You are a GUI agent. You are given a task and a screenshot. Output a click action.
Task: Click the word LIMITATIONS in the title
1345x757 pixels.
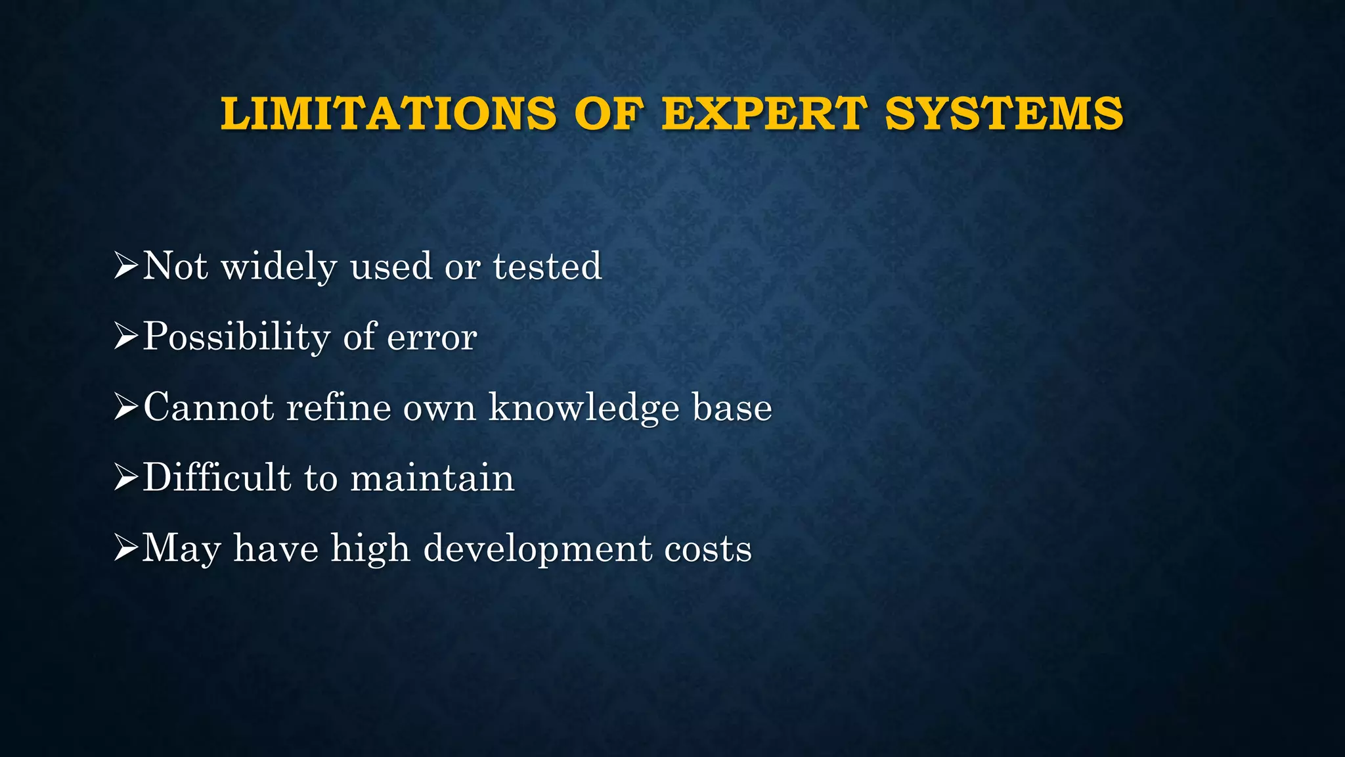388,114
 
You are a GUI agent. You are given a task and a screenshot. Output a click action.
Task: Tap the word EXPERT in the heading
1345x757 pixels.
764,114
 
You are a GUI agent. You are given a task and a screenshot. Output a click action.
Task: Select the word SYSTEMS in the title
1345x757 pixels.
1004,114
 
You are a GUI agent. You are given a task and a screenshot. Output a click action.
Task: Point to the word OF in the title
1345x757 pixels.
608,114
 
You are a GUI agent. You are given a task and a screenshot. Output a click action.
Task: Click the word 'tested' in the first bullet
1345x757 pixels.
547,266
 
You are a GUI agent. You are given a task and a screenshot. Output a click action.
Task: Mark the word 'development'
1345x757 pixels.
537,549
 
